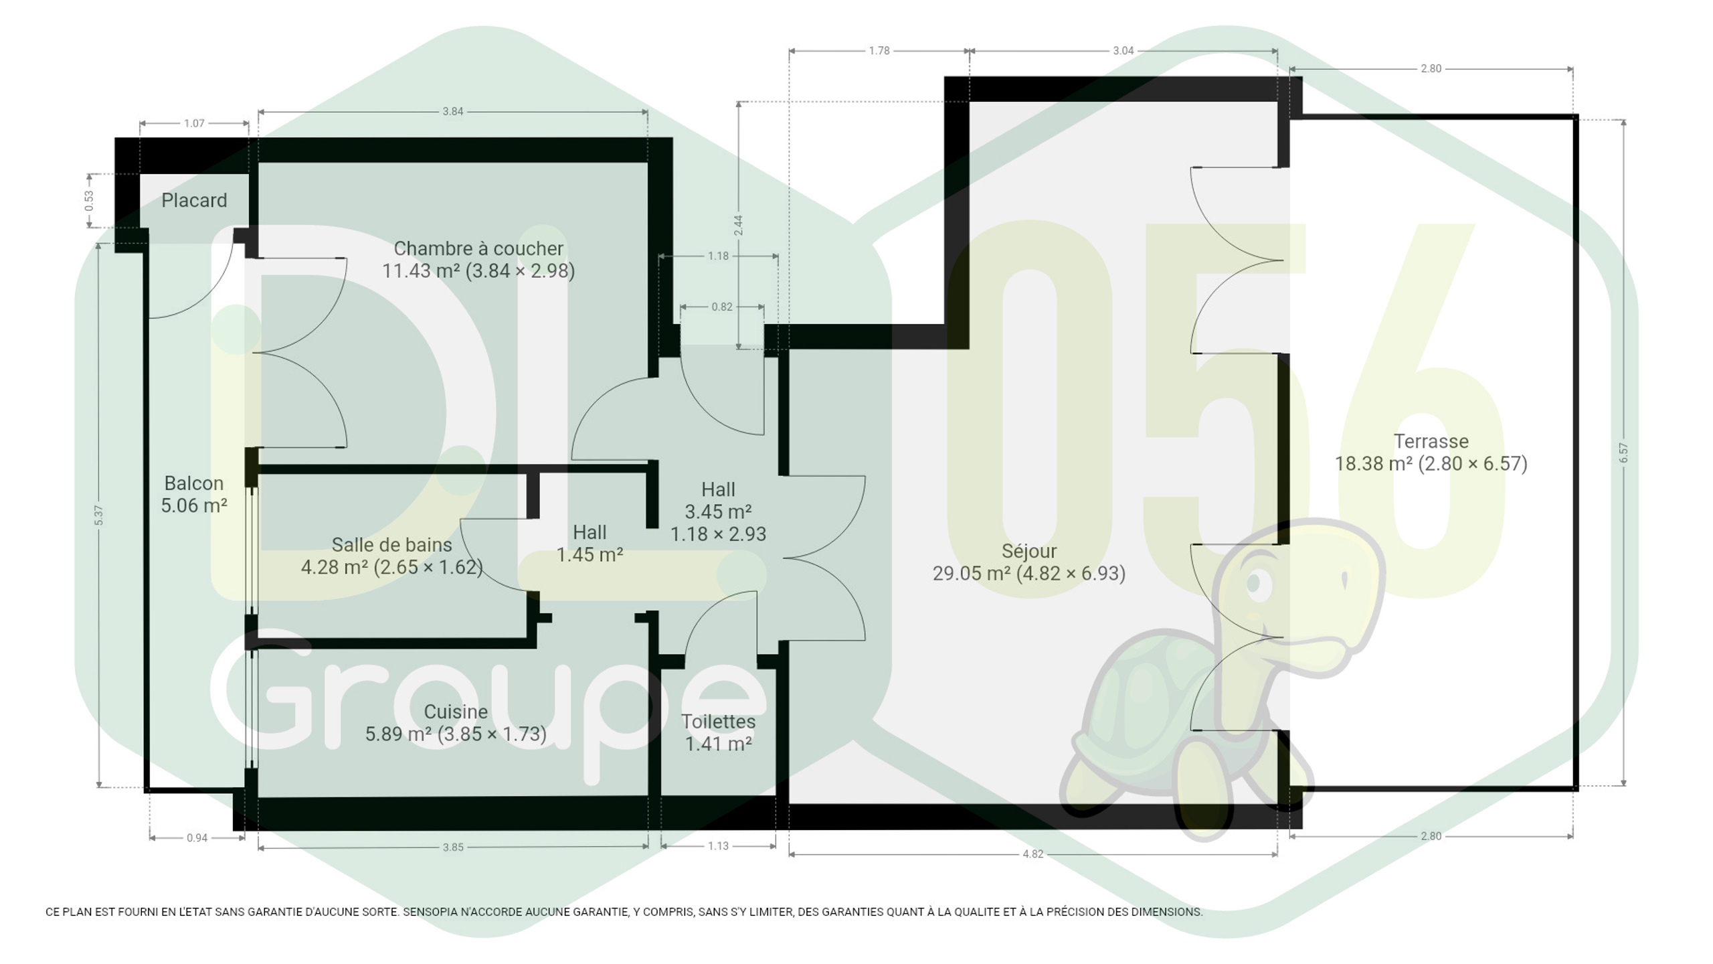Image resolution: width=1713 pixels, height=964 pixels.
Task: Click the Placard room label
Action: point(194,200)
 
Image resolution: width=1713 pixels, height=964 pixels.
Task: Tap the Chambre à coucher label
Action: point(478,248)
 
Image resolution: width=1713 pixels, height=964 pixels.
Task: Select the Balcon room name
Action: point(194,483)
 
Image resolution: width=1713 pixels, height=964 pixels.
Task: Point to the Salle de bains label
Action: point(391,545)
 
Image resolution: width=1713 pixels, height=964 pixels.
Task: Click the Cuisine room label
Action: point(456,712)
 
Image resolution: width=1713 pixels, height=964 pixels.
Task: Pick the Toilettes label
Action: point(718,722)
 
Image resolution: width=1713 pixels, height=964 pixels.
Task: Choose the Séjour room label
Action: point(1029,551)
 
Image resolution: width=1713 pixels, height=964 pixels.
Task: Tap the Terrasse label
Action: point(1431,441)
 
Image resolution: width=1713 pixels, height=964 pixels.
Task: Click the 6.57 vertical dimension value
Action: point(1623,453)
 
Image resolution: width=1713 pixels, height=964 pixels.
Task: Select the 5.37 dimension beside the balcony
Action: point(99,515)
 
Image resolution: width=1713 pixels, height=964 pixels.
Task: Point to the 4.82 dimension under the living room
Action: point(1032,854)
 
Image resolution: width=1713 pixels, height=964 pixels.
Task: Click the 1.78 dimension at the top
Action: point(879,51)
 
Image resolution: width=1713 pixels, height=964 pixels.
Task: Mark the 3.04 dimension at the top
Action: point(1123,51)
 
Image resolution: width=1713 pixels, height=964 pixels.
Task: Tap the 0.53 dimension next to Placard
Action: point(89,201)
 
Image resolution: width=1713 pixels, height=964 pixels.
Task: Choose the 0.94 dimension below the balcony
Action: point(197,838)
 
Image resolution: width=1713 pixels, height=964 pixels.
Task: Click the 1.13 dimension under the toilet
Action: point(718,846)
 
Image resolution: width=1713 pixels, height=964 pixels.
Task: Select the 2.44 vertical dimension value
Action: point(738,225)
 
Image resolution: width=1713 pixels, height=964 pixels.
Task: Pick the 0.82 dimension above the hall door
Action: point(722,307)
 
